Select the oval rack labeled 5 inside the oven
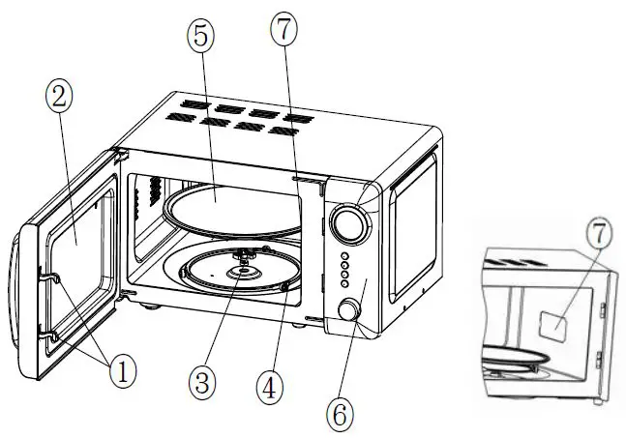[228, 205]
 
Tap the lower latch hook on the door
[51, 334]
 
